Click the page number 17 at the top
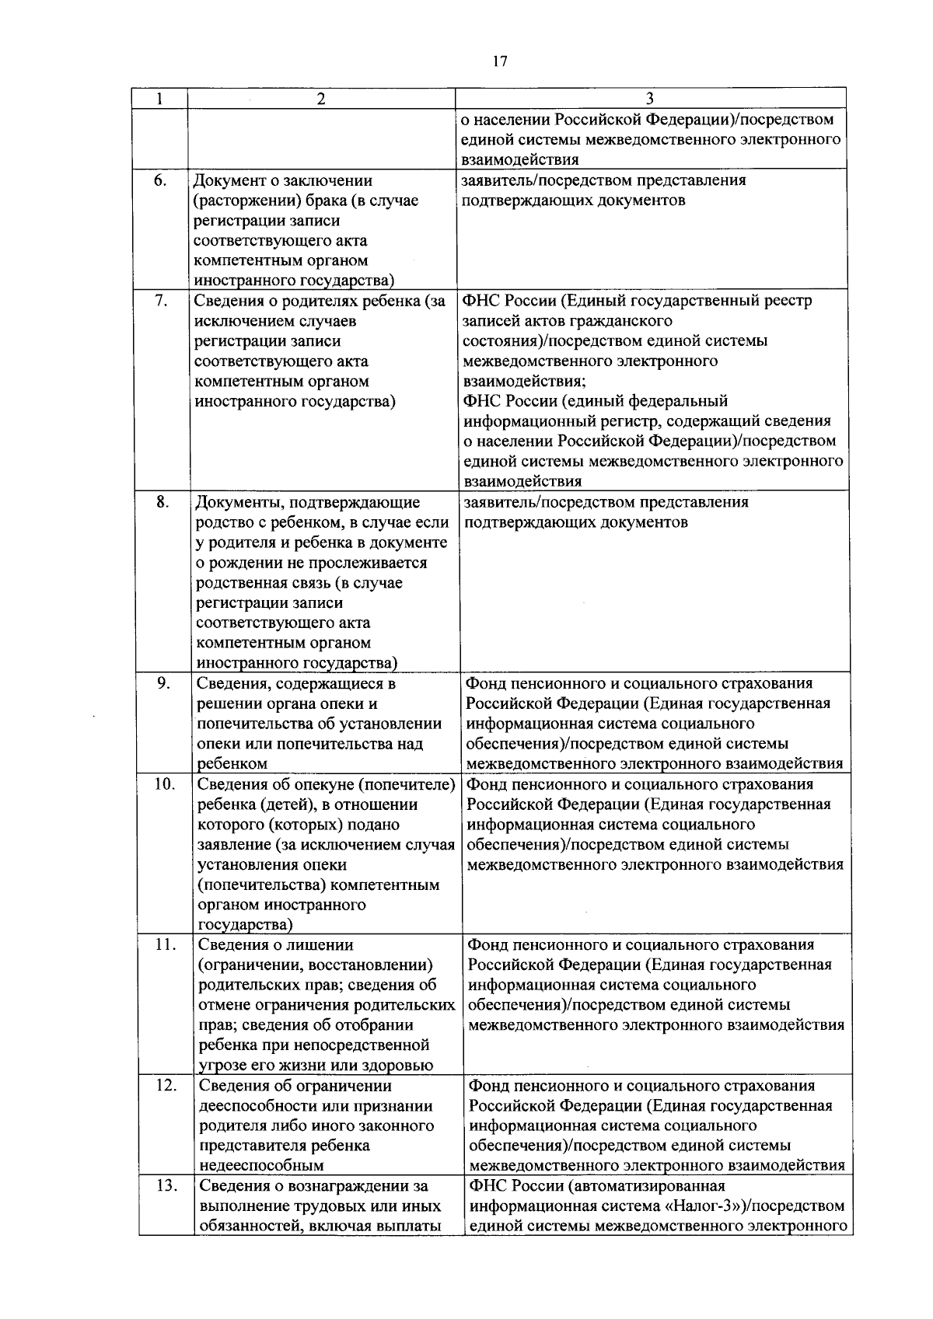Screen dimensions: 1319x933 pos(499,61)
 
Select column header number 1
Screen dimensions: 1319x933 pos(159,99)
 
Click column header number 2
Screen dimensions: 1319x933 pos(321,99)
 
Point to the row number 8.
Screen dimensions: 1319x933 pos(162,502)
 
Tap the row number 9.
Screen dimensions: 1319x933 pos(162,684)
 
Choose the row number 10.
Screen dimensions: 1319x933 pos(164,784)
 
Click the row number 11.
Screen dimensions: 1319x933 pos(165,945)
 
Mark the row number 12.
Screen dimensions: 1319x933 pos(165,1086)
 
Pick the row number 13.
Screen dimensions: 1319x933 pos(166,1187)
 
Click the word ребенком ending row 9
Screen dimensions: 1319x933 pos(232,764)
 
